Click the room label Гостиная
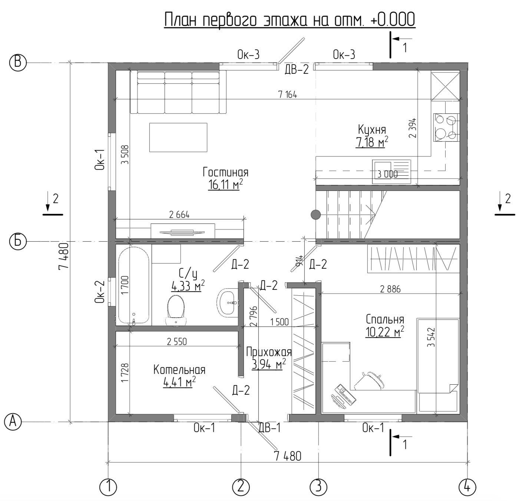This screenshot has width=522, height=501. pos(225,172)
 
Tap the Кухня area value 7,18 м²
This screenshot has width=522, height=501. pos(372,142)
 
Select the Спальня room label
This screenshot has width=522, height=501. pos(385,319)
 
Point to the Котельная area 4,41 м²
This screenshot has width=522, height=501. pos(179,382)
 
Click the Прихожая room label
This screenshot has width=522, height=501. pos(269,352)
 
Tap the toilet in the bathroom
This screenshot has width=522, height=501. pos(176,311)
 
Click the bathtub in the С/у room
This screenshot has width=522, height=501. pos(134,285)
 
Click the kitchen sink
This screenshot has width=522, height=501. pos(391,172)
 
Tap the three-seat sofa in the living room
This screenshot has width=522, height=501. pos(178,92)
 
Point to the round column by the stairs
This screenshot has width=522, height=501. pos(316,215)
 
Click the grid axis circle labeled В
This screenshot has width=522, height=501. pos(18,63)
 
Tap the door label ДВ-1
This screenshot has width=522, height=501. pos(270,428)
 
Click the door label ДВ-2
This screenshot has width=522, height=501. pos(297,70)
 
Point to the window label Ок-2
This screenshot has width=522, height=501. pos(99,292)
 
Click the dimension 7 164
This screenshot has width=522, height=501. pos(288,94)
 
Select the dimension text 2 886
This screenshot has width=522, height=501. pos(390,289)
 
